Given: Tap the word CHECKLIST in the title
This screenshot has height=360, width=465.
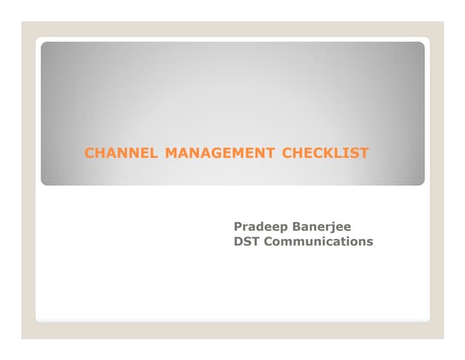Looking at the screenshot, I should coord(325,153).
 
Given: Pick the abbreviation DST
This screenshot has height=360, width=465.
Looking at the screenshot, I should coord(246,241).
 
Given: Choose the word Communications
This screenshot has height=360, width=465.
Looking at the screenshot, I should coord(318,241).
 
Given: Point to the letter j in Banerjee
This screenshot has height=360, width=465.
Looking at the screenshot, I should coord(333,228).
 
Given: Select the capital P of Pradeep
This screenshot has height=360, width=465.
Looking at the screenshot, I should coord(238,227).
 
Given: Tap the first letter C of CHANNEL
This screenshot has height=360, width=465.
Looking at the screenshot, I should coord(90,153).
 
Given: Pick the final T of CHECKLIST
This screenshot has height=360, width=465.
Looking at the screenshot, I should coord(364,153).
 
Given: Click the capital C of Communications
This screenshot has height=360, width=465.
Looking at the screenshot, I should coord(268,241).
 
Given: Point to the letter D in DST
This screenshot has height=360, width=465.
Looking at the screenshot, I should coord(238,241).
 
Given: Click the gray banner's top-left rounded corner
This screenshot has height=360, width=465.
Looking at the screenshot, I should coord(44,45).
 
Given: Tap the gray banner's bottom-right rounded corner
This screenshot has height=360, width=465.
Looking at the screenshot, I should coord(421,182).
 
